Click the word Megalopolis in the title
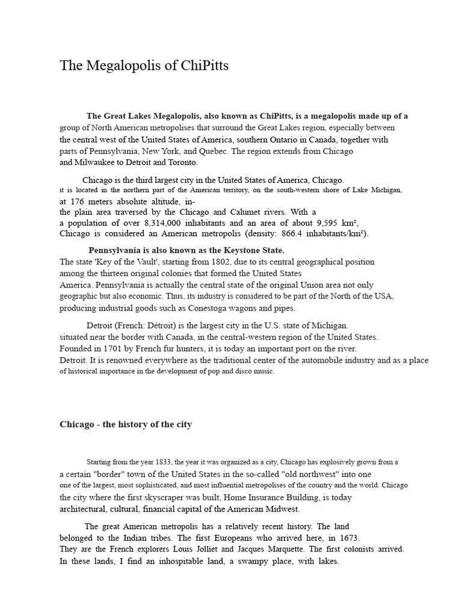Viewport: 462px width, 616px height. pos(120,66)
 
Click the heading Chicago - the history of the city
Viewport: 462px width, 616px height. pos(126,424)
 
